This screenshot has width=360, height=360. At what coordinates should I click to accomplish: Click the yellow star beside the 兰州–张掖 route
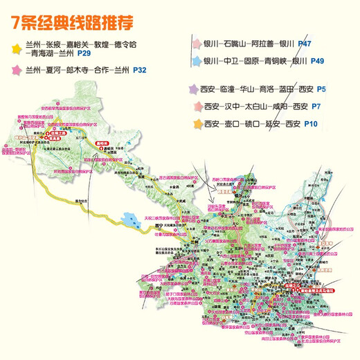[x=15, y=46]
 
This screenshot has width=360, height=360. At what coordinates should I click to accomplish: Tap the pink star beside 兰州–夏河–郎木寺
[x=15, y=70]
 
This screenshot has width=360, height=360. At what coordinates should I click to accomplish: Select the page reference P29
[x=84, y=53]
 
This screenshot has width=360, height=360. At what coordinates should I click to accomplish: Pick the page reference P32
[x=139, y=70]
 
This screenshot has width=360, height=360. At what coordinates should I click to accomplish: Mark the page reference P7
[x=316, y=107]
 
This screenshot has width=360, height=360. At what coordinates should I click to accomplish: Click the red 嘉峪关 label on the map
[x=104, y=144]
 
